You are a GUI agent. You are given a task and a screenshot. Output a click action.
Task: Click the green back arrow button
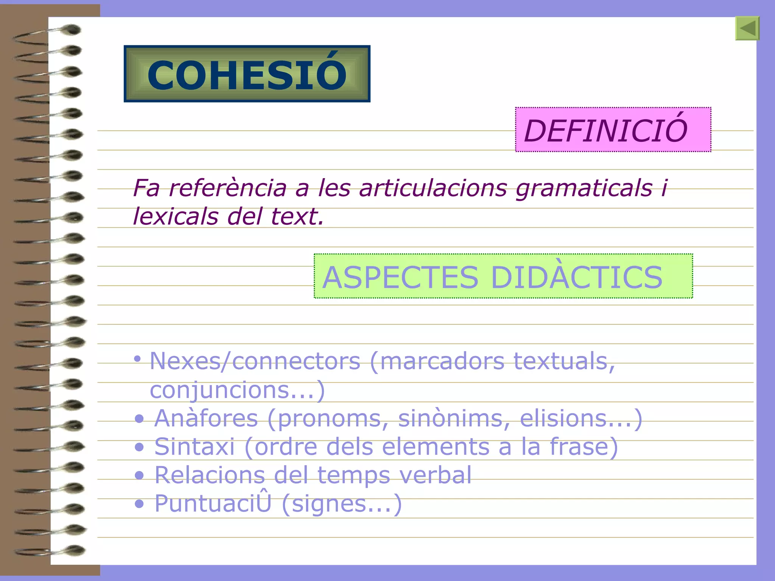point(747,28)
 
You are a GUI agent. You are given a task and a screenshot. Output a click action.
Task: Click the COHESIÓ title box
point(247,74)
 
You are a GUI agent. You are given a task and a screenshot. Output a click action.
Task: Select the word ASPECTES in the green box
point(400,277)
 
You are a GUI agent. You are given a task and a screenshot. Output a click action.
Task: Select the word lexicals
point(176,217)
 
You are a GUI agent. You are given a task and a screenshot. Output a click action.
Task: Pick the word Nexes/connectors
point(255,361)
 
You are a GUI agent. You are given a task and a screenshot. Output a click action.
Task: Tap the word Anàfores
point(206,418)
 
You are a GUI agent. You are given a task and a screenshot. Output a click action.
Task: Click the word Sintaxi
point(195,447)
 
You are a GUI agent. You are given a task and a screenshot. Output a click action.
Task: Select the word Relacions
point(210,475)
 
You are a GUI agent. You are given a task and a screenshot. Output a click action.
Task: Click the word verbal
point(435,475)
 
